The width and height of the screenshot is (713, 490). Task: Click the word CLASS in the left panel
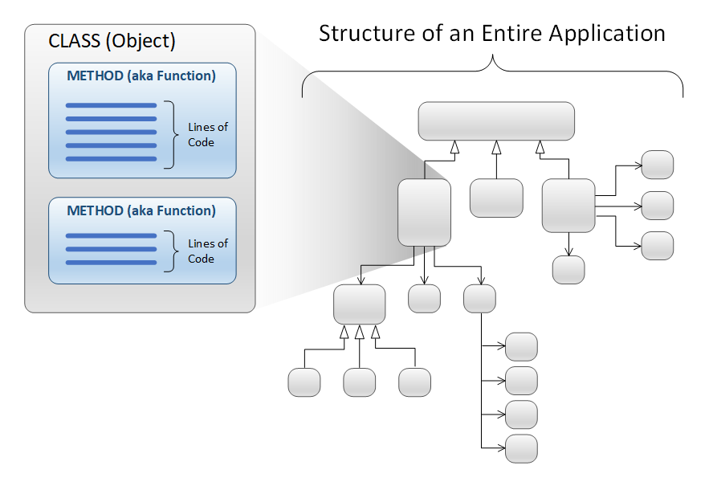tap(74, 41)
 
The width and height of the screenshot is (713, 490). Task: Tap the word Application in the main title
tap(607, 34)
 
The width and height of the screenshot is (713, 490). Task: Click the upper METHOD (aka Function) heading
tap(141, 76)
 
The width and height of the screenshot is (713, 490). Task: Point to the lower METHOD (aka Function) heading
tap(141, 210)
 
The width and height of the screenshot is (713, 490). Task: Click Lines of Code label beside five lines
tap(208, 135)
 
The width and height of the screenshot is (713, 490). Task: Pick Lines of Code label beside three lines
tap(208, 251)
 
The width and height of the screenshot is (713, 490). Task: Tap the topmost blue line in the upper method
tap(111, 105)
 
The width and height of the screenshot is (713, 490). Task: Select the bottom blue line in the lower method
tap(111, 263)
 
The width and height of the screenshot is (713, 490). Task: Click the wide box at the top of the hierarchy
tap(496, 121)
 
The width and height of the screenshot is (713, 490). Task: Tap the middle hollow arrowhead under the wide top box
tap(496, 148)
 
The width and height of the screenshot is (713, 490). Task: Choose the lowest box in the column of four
tap(522, 448)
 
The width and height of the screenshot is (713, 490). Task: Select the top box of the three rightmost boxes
tap(657, 165)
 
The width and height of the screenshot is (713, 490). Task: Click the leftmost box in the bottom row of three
tap(304, 382)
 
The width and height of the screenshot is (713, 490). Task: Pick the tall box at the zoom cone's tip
tap(424, 213)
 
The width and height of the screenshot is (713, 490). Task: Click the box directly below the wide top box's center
tap(496, 198)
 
